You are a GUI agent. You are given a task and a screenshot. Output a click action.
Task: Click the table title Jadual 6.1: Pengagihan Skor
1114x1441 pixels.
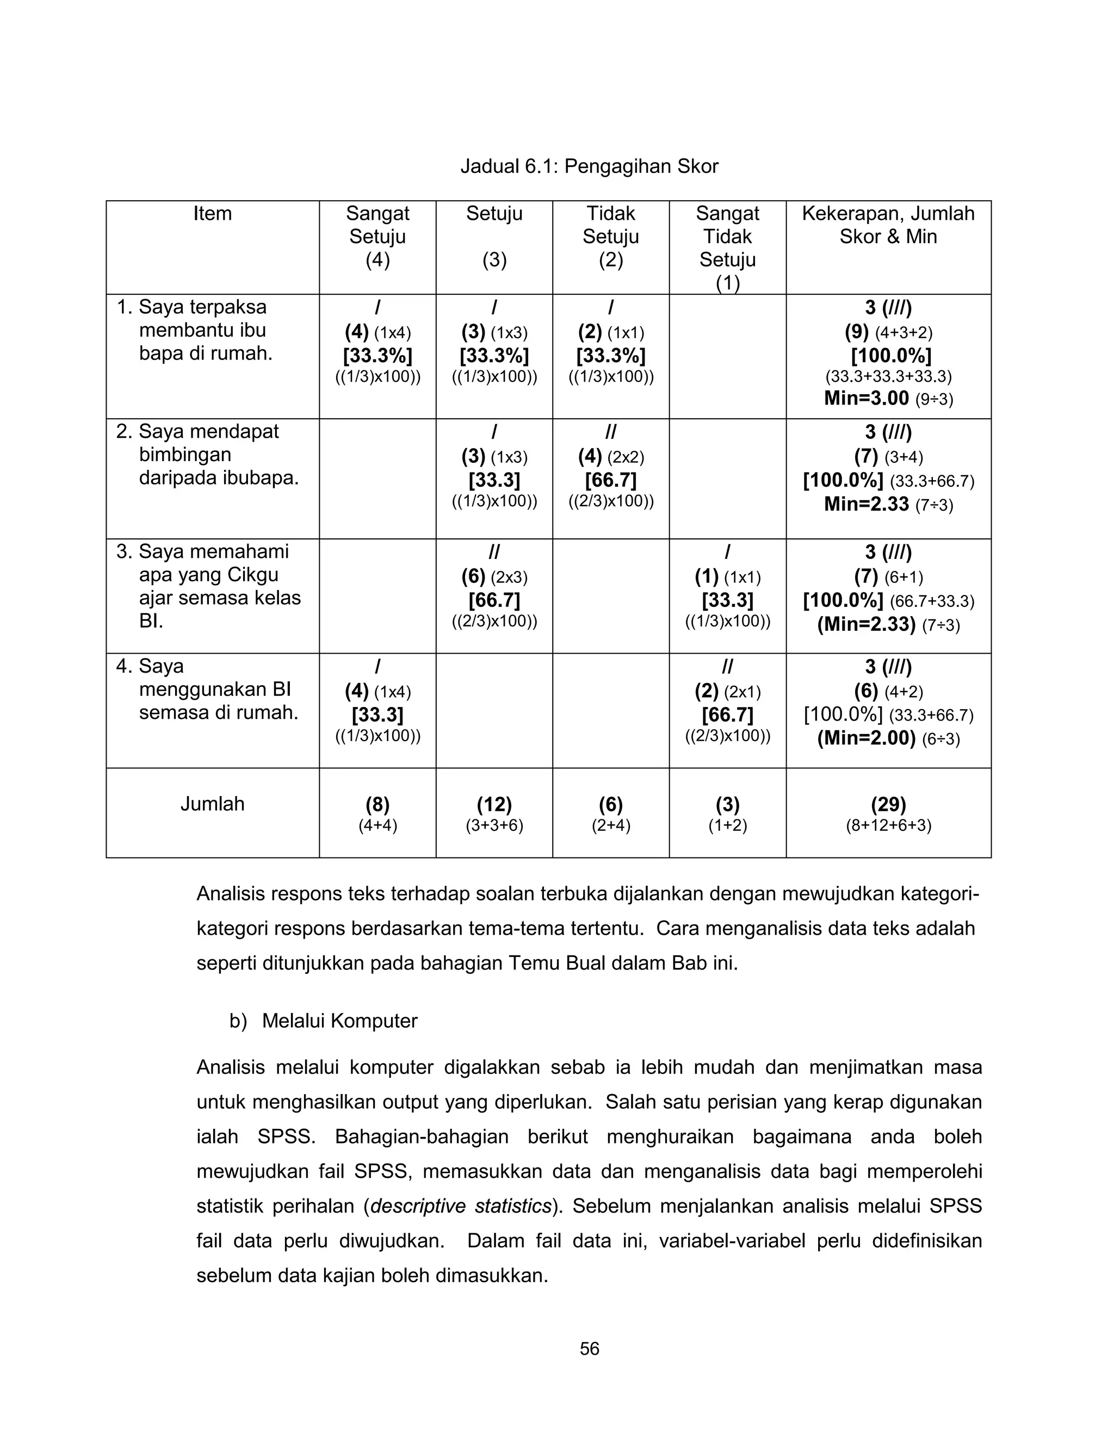(589, 166)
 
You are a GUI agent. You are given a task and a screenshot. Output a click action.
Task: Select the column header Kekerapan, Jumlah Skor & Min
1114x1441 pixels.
(888, 225)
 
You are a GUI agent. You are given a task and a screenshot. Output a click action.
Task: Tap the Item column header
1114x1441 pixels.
(213, 214)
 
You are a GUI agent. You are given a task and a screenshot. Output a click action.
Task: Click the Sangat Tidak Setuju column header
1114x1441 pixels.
(727, 247)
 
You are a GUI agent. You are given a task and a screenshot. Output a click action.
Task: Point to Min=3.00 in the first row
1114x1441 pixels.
(866, 398)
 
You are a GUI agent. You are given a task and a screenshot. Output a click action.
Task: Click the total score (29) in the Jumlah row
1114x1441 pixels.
(888, 804)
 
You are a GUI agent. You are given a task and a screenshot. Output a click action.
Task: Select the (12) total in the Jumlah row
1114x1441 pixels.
(494, 804)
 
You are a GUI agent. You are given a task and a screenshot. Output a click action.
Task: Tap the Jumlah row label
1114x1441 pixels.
(213, 804)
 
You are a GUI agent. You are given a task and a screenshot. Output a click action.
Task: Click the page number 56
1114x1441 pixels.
(589, 1349)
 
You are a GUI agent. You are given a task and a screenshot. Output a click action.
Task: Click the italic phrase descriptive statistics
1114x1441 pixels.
(461, 1206)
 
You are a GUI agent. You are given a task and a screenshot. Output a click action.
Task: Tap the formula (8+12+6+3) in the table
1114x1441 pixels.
(888, 825)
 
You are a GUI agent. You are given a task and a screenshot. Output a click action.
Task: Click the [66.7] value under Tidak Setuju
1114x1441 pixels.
(610, 480)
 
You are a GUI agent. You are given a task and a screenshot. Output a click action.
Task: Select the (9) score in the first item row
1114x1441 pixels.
(857, 332)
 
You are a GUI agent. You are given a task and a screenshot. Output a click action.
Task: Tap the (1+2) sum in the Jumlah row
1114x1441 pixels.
(727, 825)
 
